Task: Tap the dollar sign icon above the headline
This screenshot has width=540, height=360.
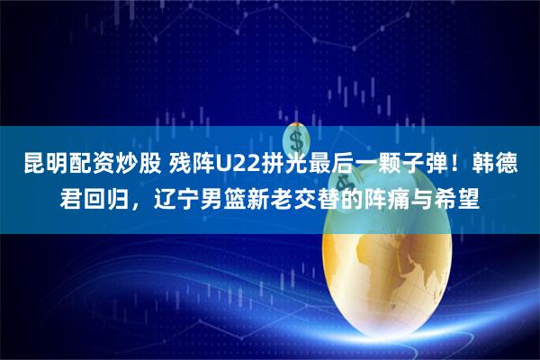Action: coord(296,139)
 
